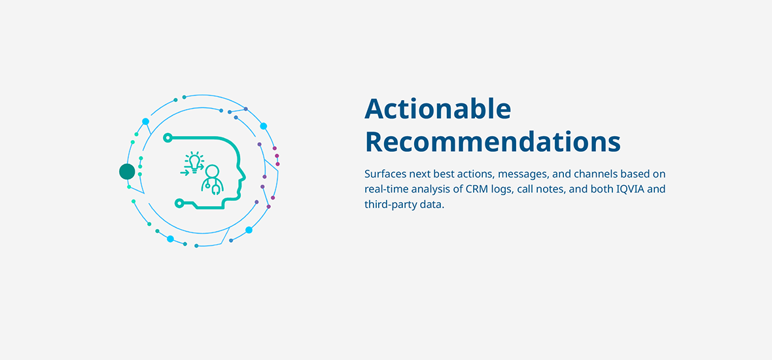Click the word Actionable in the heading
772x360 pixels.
click(x=438, y=109)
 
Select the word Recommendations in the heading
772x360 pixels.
click(x=493, y=142)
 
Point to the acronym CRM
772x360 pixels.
click(x=476, y=189)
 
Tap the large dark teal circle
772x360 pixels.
click(x=127, y=171)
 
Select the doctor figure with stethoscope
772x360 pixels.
click(x=212, y=180)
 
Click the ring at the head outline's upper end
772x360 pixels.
click(x=168, y=138)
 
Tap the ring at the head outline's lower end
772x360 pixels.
click(x=180, y=202)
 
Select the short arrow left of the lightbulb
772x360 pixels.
click(x=184, y=173)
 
